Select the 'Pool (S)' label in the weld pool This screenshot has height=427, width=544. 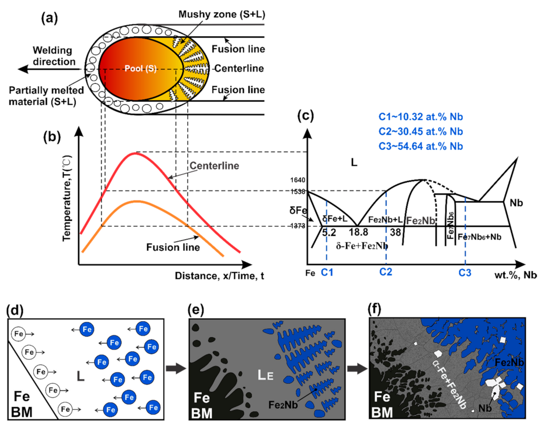(x=141, y=69)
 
